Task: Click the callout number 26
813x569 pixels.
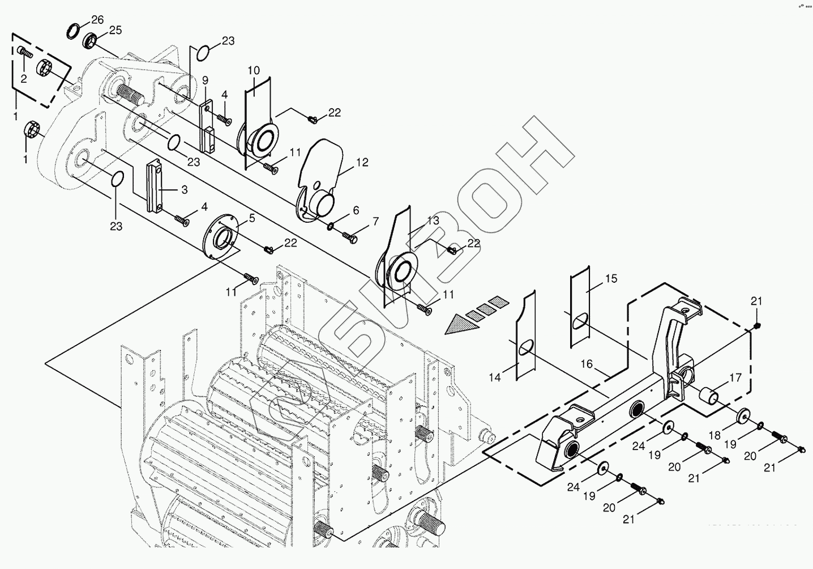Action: [97, 20]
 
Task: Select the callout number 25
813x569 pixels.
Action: [115, 30]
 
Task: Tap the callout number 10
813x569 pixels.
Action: [254, 70]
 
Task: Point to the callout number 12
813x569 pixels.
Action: [362, 163]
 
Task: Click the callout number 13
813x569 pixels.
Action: [433, 220]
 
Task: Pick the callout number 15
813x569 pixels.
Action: [611, 279]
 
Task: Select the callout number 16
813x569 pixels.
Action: [586, 364]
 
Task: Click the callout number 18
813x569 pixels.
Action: [714, 435]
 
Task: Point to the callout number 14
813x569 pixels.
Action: [495, 377]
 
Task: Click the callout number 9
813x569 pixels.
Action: [205, 80]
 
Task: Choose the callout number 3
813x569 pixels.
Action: [184, 190]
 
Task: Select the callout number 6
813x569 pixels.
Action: [356, 210]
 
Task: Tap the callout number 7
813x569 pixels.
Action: [375, 222]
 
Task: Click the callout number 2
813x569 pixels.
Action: [24, 79]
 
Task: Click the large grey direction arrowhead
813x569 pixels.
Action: [457, 325]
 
